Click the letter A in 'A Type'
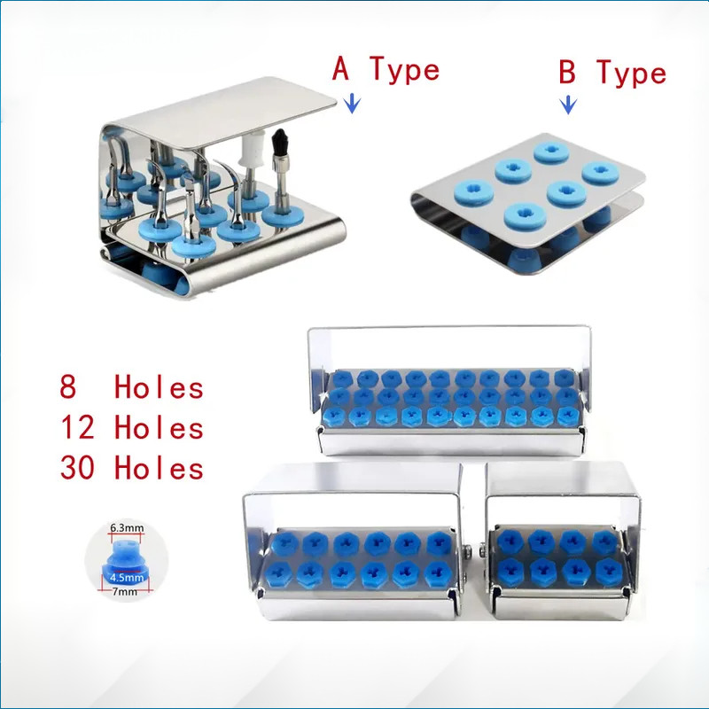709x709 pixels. coord(340,68)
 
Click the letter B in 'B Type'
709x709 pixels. coord(567,72)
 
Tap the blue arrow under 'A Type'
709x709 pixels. coord(352,104)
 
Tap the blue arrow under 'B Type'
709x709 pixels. coord(568,105)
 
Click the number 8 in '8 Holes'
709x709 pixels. coord(68,387)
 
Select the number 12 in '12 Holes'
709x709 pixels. coord(77,427)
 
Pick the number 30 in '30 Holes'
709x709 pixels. coord(77,467)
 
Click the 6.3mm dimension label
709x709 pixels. coord(127,527)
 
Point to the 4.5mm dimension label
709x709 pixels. coord(127,578)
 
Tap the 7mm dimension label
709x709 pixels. coord(125,591)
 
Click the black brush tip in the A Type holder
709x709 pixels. coord(279,141)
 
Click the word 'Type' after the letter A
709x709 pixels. coord(405,70)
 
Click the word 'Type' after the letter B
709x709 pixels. coord(632,74)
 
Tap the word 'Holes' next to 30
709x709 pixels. coord(159,468)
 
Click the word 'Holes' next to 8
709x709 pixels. coord(159,387)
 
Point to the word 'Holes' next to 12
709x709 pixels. coord(159,427)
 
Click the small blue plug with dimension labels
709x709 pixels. coord(126,560)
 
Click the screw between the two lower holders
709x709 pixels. coord(474,551)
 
